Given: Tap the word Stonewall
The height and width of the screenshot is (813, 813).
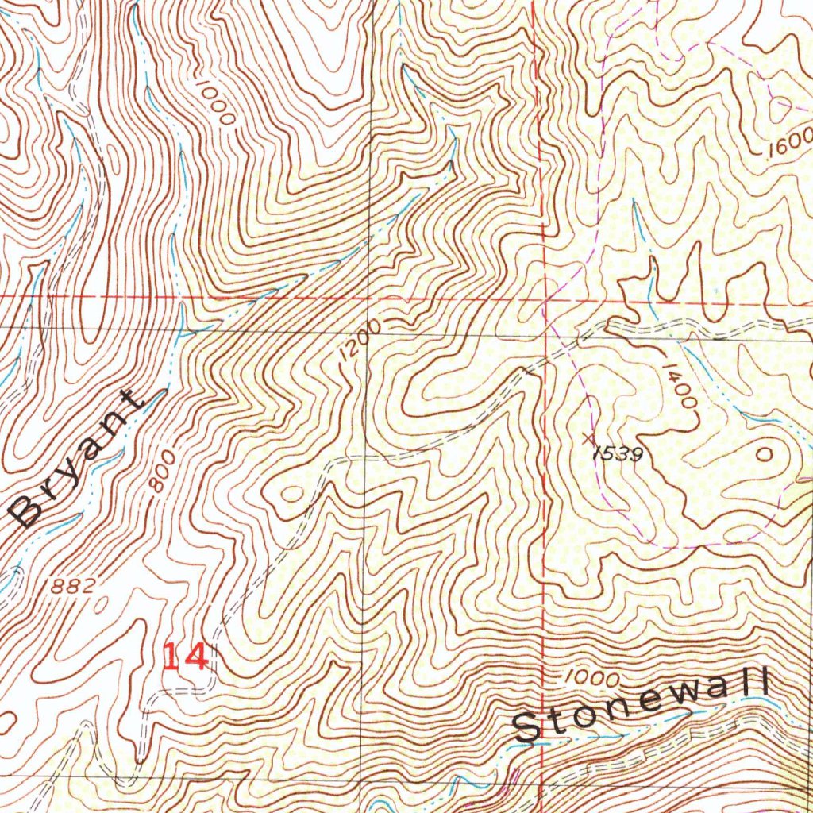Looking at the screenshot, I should tap(642, 705).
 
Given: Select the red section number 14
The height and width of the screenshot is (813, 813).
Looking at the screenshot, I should tap(186, 657).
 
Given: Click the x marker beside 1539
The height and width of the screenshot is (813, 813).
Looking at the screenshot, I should tap(588, 437).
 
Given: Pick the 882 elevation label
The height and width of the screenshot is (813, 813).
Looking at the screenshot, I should tap(72, 587).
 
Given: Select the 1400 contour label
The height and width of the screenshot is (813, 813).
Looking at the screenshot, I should tap(681, 385).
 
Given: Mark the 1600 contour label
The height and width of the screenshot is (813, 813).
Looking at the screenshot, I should tap(790, 143).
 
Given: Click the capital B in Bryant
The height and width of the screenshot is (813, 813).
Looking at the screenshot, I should tap(27, 511).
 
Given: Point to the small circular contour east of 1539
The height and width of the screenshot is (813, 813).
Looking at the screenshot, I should tap(765, 454).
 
